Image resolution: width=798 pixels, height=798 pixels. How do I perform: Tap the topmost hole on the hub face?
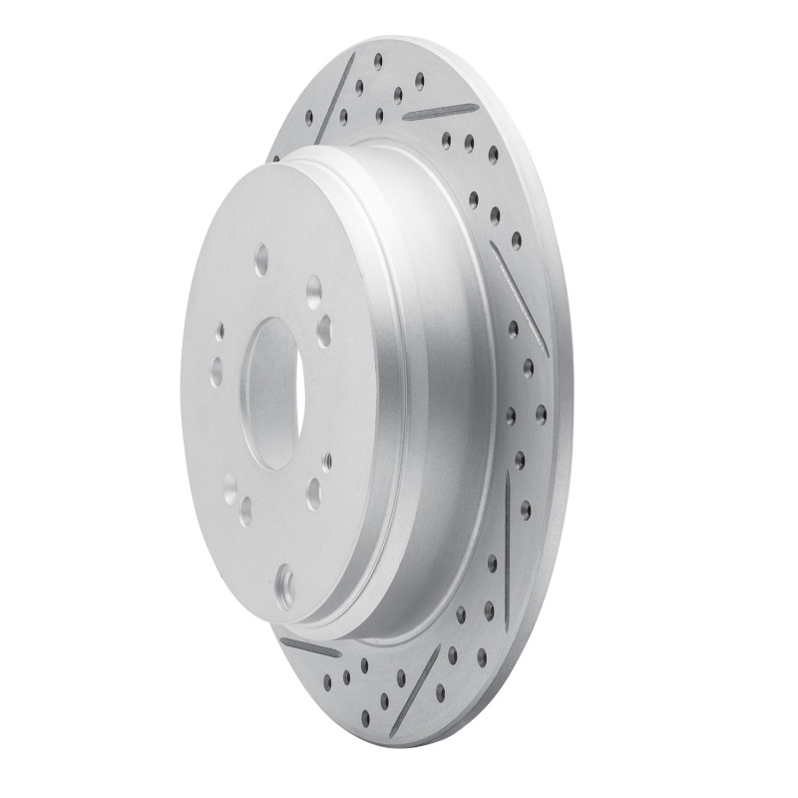(260, 261)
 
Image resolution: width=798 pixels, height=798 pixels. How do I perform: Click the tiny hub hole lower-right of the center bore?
(327, 460)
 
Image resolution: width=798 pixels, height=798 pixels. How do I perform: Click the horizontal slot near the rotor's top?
(439, 109)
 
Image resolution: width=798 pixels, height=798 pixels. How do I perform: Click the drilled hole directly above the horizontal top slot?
(420, 79)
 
